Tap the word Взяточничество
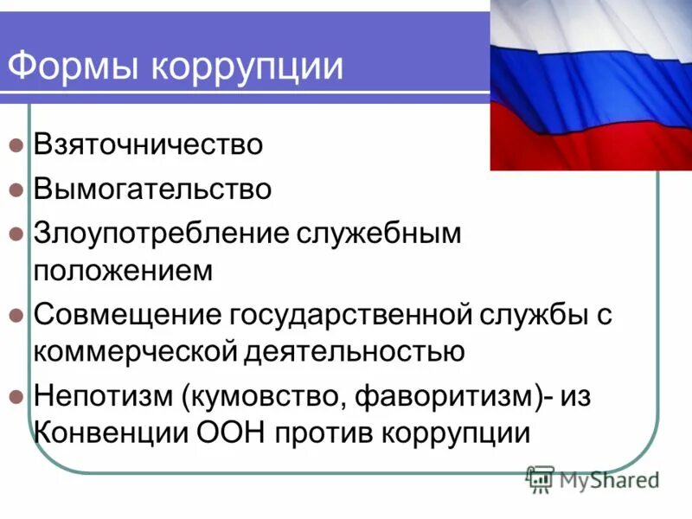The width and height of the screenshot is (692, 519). pos(148,144)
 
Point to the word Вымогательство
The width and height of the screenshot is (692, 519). pos(152,189)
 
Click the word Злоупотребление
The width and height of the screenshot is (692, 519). pos(163,234)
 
